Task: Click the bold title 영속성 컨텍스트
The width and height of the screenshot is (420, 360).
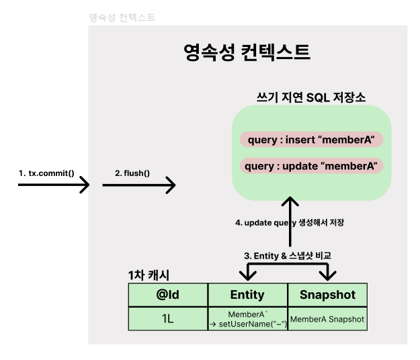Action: point(247,52)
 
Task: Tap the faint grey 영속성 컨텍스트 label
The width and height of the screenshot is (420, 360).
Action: point(122,17)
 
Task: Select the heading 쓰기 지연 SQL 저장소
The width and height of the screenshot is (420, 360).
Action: point(311,97)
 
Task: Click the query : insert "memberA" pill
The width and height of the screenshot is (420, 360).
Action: point(311,140)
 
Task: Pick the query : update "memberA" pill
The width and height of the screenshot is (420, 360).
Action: point(311,165)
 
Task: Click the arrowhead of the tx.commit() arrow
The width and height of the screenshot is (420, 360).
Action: point(85,184)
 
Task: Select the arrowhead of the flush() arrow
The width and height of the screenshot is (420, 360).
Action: point(171,184)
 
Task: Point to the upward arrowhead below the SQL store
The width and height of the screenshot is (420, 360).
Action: point(290,201)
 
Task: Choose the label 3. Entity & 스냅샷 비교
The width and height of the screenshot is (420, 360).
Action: point(287,255)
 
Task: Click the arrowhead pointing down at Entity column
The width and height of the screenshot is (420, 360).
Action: point(248,275)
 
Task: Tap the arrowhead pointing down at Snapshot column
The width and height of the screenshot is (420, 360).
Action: point(327,275)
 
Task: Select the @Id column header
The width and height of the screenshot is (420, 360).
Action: point(168,294)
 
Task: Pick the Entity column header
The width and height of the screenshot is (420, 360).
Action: point(247,294)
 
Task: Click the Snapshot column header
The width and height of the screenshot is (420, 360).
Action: point(327,294)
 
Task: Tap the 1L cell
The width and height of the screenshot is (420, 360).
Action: point(168,319)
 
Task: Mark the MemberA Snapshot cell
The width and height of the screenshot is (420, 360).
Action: point(327,319)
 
